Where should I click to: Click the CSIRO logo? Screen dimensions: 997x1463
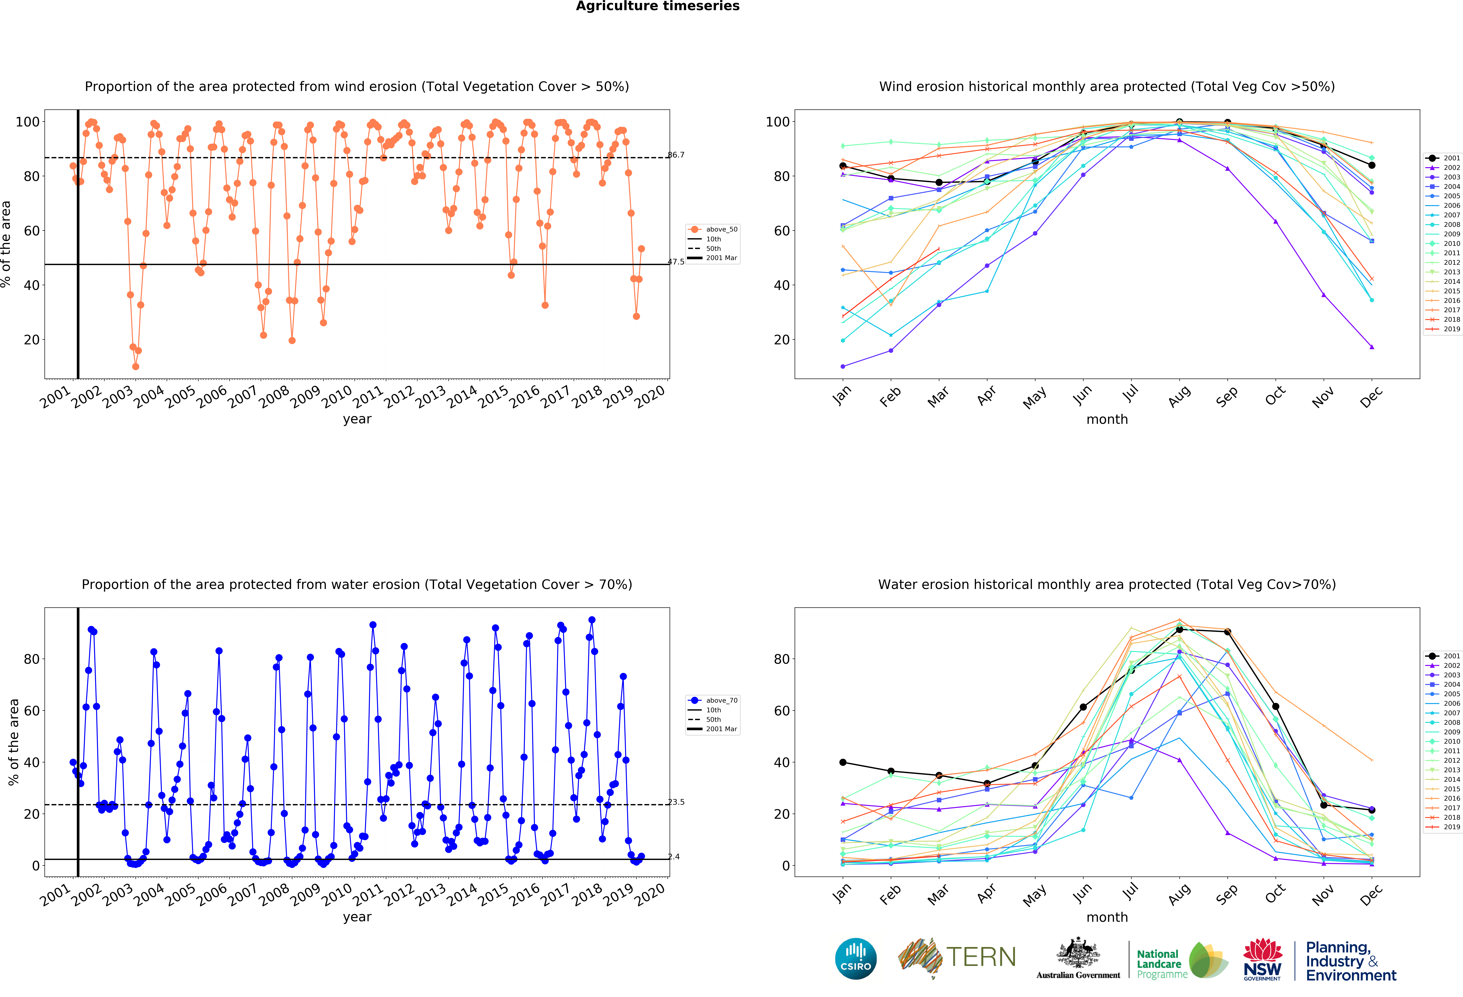[856, 959]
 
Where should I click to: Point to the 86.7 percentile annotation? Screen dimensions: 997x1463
[676, 155]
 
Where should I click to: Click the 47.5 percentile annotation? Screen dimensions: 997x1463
[676, 262]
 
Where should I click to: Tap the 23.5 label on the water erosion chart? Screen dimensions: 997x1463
[676, 802]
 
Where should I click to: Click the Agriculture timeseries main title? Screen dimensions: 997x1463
[657, 6]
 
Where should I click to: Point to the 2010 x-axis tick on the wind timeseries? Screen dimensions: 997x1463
[337, 396]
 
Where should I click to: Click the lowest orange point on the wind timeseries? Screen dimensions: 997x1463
[135, 366]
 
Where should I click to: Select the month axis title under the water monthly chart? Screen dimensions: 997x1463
[1107, 917]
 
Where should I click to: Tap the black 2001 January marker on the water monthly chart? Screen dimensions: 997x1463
[843, 762]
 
